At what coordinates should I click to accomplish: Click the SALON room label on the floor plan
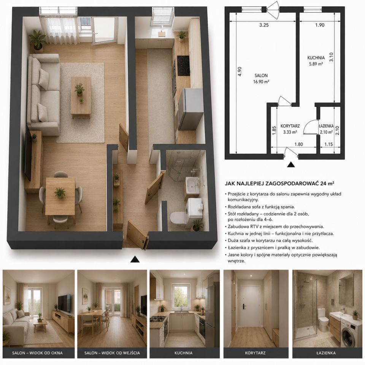(x=261, y=75)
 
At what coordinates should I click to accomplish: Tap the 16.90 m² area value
(x=261, y=82)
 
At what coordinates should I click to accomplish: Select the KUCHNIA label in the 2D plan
(x=316, y=58)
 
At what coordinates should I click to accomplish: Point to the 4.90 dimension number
(x=240, y=71)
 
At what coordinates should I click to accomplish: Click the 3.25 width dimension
(x=264, y=25)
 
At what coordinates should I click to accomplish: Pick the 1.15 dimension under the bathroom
(x=328, y=144)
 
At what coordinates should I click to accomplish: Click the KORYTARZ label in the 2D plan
(x=290, y=126)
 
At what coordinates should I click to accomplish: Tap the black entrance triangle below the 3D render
(x=135, y=259)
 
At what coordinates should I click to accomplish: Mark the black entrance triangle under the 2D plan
(x=291, y=165)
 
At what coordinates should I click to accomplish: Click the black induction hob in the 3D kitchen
(x=183, y=66)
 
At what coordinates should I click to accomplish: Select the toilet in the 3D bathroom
(x=178, y=217)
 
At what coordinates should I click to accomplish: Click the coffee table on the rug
(x=81, y=97)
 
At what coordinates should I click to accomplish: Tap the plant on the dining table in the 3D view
(x=60, y=192)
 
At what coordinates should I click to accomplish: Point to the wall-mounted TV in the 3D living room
(x=28, y=153)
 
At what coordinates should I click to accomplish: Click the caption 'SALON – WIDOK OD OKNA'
(x=37, y=353)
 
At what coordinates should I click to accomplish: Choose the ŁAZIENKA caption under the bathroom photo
(x=326, y=353)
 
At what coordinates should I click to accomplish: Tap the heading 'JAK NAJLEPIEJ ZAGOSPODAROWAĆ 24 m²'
(x=279, y=183)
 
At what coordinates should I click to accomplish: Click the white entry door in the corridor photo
(x=250, y=306)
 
